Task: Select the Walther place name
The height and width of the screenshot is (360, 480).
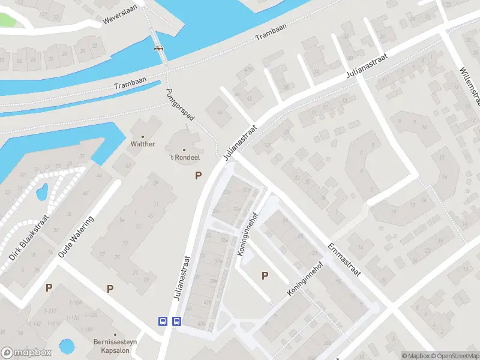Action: pos(143,144)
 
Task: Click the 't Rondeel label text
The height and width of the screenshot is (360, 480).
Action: pos(184,158)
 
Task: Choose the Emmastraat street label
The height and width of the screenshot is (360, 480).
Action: pos(344,259)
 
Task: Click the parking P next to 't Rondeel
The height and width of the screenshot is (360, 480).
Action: pos(198,176)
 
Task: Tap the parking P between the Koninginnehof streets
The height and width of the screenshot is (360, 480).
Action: pos(264,275)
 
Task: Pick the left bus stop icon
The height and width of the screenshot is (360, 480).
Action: pos(163,321)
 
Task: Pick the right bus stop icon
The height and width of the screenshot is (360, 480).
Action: pos(176,321)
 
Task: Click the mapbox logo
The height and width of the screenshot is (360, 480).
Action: pos(25,352)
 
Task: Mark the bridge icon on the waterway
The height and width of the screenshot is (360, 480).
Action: pos(159,49)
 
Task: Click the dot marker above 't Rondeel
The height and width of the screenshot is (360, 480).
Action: pos(184,150)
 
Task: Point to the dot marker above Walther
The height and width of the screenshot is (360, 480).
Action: pos(143,136)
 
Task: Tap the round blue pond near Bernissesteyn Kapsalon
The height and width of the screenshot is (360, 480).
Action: pos(67,346)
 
